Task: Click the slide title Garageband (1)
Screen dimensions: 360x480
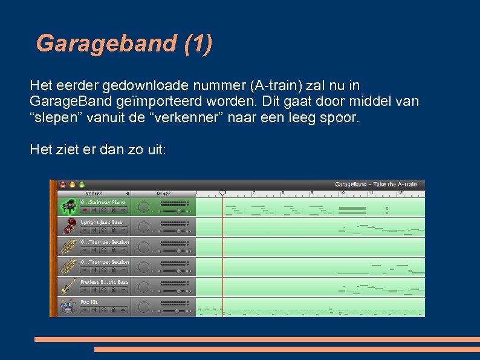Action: (x=124, y=44)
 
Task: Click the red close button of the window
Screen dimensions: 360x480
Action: (x=62, y=185)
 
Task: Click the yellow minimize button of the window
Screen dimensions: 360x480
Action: (x=72, y=185)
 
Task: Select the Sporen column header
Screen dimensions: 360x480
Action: (x=94, y=194)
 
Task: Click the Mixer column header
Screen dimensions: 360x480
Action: (x=163, y=194)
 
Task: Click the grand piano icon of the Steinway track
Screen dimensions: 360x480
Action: (x=68, y=207)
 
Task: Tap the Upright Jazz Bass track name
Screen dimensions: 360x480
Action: (x=102, y=222)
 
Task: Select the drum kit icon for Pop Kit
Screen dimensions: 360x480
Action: (x=68, y=307)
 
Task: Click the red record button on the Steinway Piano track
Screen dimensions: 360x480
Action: (x=85, y=211)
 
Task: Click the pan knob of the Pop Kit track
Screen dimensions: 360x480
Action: (x=143, y=307)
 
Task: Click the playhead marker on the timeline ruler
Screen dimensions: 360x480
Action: (x=222, y=193)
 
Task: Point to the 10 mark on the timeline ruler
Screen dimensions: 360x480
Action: (x=341, y=193)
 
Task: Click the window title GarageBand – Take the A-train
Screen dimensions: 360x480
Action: (x=375, y=185)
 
